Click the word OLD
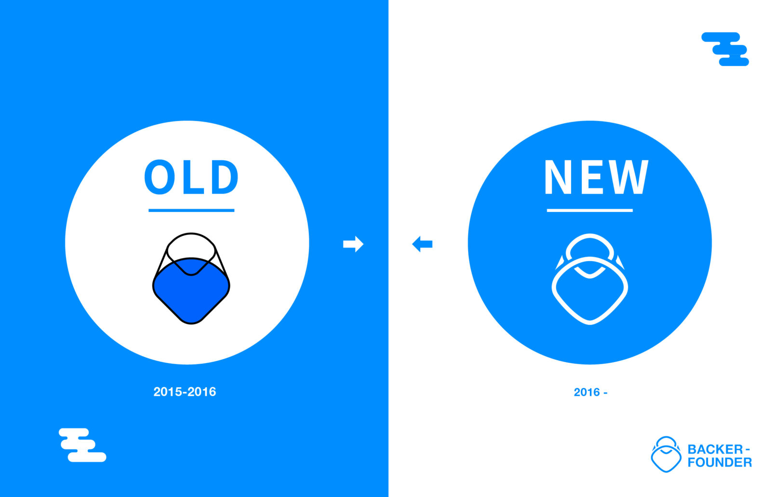tap(191, 177)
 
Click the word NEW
tap(596, 177)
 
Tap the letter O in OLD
tap(159, 177)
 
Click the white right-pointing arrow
tap(353, 244)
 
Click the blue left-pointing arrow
tap(422, 244)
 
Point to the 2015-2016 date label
tap(185, 392)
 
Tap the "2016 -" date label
tap(590, 392)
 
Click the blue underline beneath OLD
tap(191, 210)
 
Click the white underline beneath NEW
tap(589, 210)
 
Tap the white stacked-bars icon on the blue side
tap(82, 445)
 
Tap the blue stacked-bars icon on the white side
tap(725, 49)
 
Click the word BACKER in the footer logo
tap(715, 449)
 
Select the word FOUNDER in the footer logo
tap(720, 462)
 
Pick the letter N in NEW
tap(558, 177)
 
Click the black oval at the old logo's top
tap(191, 234)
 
